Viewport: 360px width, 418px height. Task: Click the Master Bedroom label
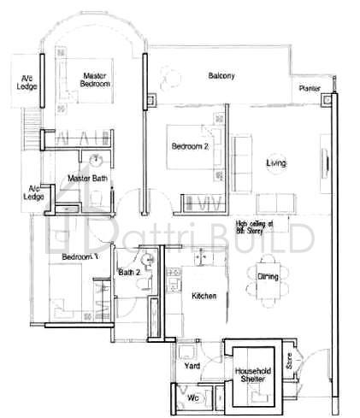pos(95,79)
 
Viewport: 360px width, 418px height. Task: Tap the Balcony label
pos(221,76)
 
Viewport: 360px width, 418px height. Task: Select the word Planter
pos(310,88)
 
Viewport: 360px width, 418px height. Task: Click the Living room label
pos(276,162)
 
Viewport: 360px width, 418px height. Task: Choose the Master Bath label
pos(87,178)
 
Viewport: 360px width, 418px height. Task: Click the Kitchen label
pos(204,295)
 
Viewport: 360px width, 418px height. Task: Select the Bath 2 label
pos(129,273)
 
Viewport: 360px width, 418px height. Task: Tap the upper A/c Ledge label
pos(27,82)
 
